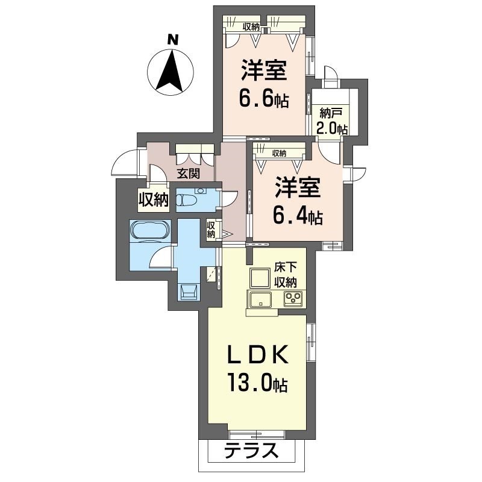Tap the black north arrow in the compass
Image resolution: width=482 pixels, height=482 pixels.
coord(170,70)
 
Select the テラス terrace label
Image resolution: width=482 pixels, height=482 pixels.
coord(251,451)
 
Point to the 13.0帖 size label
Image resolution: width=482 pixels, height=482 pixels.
coord(257,382)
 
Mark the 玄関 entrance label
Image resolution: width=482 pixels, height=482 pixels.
coord(188,174)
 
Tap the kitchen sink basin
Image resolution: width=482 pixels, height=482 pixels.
coord(260,298)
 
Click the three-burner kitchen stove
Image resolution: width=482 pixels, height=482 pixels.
coord(293,298)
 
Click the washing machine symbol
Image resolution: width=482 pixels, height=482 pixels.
coord(189,292)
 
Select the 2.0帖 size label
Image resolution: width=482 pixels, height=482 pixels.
coord(332,128)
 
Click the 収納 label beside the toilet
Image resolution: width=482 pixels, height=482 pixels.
coord(210,230)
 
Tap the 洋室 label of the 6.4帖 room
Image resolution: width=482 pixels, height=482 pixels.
coord(298,187)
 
